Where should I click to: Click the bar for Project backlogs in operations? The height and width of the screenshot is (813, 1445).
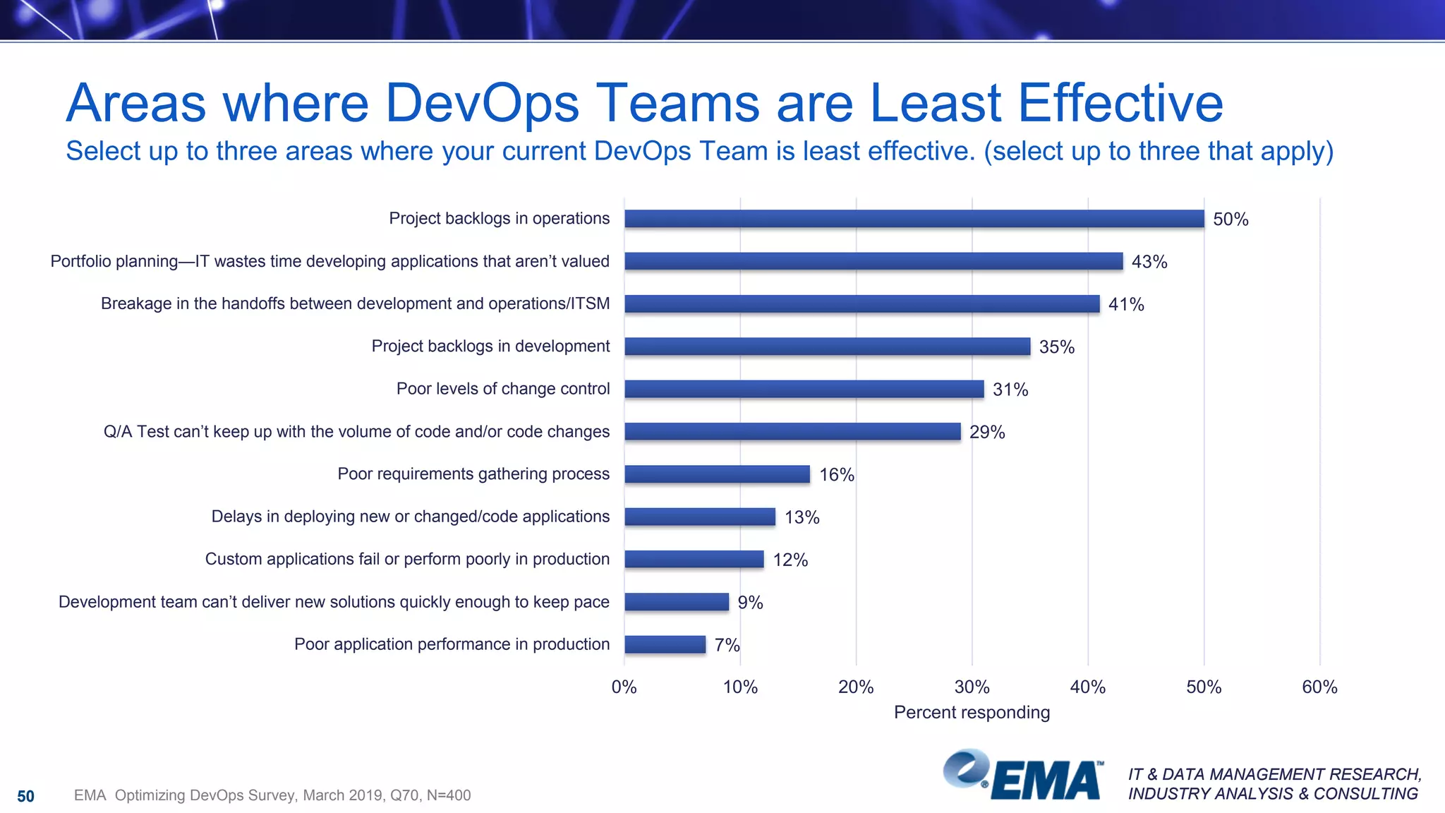click(914, 219)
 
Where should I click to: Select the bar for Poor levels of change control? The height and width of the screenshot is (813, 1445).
click(804, 389)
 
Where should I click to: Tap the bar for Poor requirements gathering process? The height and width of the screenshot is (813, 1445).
click(717, 474)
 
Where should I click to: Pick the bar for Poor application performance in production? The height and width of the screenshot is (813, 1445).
click(665, 644)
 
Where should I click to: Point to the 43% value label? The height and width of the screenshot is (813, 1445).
click(1149, 262)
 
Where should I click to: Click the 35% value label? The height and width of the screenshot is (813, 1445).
click(1056, 347)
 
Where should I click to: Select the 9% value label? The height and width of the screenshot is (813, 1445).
click(750, 603)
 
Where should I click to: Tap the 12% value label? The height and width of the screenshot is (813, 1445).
click(790, 560)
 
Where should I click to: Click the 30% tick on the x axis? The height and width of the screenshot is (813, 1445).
click(972, 687)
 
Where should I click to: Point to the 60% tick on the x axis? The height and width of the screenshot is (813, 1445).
click(1319, 687)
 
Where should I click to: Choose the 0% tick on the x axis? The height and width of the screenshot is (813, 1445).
click(624, 687)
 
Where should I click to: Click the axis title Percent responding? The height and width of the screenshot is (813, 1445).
click(972, 713)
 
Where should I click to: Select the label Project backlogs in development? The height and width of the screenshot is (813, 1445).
click(490, 347)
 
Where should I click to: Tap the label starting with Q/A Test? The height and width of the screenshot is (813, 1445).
click(356, 432)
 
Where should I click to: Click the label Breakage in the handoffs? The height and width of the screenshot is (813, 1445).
click(355, 304)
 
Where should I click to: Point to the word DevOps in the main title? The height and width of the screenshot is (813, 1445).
click(482, 104)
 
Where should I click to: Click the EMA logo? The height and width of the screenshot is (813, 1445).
click(1023, 776)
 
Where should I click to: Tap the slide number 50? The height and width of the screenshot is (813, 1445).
click(25, 797)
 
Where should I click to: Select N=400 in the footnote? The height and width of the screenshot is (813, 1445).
click(449, 796)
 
